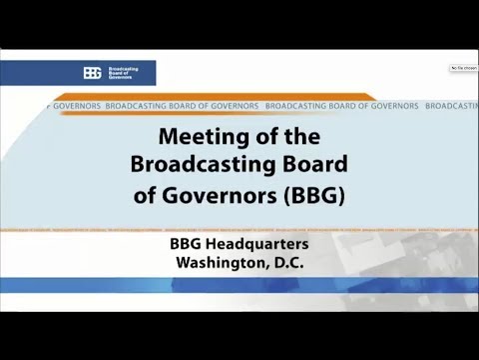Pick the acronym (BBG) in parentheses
315,195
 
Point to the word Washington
219,263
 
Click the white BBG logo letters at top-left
93,72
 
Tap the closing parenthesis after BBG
341,195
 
